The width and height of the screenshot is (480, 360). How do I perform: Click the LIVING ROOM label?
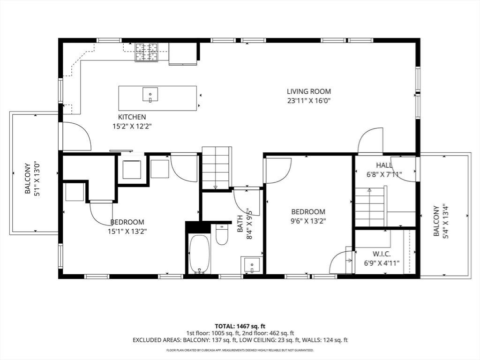[x=309, y=91]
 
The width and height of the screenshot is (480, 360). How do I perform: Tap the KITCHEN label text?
[x=132, y=117]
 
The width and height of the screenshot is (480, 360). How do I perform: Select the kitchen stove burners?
[x=147, y=52]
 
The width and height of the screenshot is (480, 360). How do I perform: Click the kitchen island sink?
[x=150, y=94]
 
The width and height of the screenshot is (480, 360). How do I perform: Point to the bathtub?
[x=200, y=254]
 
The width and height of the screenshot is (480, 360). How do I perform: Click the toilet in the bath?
[x=222, y=234]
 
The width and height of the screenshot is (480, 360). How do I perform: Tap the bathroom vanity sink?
[x=252, y=265]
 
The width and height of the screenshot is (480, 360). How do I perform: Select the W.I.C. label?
[x=382, y=254]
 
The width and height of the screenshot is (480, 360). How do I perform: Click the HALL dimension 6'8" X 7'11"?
[x=384, y=174]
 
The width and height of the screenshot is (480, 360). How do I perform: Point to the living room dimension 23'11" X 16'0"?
[x=309, y=101]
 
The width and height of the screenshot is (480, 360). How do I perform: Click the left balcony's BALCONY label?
[x=28, y=179]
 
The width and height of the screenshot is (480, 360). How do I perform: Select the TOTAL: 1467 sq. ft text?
[x=240, y=326]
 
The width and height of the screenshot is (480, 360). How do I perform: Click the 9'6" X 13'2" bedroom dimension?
[x=308, y=221]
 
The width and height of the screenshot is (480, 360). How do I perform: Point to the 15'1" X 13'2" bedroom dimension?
[x=127, y=232]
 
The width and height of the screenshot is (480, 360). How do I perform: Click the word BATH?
[x=240, y=224]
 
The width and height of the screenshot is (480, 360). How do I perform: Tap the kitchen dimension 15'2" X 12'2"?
[x=132, y=126]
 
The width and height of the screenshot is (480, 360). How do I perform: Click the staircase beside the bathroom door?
[x=216, y=168]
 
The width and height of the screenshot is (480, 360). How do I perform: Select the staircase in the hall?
[x=371, y=207]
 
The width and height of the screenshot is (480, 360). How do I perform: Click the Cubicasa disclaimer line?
[x=240, y=350]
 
